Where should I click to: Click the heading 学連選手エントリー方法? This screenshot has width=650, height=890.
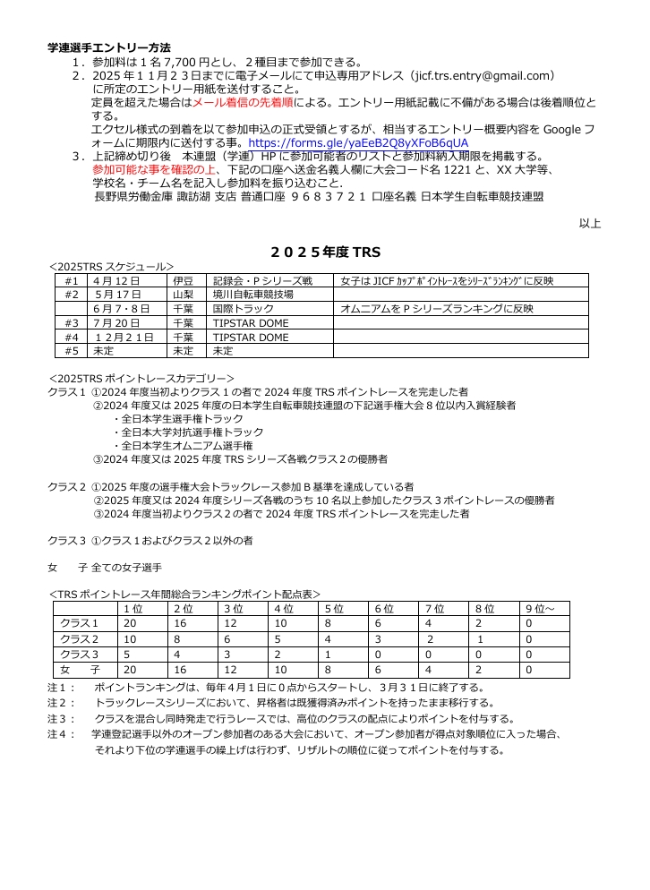pyautogui.click(x=109, y=47)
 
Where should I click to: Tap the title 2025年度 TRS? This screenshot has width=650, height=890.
pyautogui.click(x=325, y=252)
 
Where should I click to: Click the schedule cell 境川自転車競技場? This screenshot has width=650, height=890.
pyautogui.click(x=253, y=295)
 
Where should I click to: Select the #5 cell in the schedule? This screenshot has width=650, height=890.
pyautogui.click(x=72, y=351)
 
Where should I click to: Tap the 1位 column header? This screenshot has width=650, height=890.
pyautogui.click(x=132, y=610)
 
